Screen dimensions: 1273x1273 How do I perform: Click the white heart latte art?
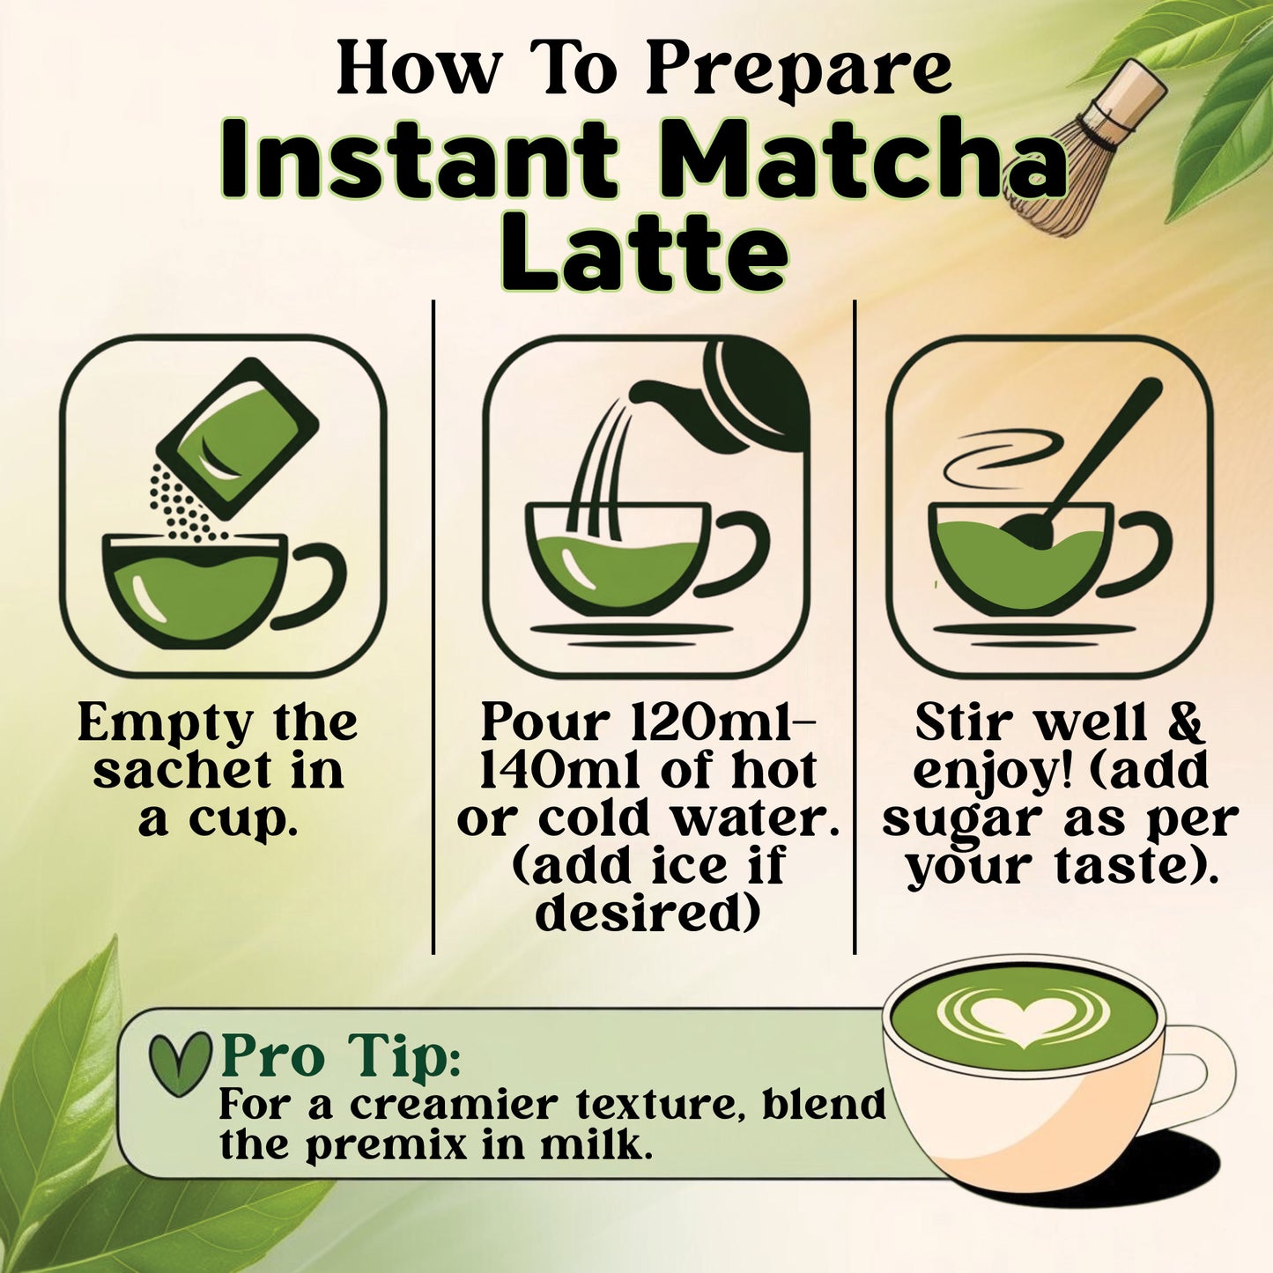tap(1022, 1018)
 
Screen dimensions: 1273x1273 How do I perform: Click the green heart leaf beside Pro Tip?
tap(180, 1062)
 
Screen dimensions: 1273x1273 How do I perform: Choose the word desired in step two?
tap(648, 914)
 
